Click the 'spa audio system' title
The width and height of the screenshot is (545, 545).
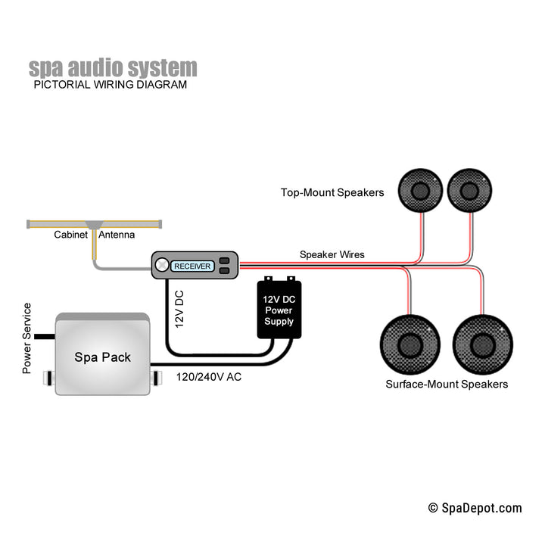click(113, 67)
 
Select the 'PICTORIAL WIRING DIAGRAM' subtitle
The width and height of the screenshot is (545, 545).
click(110, 85)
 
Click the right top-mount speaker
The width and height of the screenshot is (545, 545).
click(469, 190)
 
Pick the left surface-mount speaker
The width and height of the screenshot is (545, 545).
click(410, 344)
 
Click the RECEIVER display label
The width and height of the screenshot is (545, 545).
click(192, 266)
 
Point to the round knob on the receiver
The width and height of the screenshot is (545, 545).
click(162, 266)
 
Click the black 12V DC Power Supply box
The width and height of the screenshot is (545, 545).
click(279, 310)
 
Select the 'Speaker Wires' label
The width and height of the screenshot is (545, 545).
click(332, 254)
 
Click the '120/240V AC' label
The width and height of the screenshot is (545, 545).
click(209, 376)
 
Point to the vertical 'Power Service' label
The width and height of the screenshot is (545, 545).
click(27, 338)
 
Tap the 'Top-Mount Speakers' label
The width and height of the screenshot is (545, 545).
click(332, 192)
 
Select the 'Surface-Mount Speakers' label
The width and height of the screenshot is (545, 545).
click(447, 385)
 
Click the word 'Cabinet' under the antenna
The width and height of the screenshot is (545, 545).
click(70, 235)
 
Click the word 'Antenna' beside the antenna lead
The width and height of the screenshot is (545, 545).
click(117, 235)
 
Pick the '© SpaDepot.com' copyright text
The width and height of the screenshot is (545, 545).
click(475, 508)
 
